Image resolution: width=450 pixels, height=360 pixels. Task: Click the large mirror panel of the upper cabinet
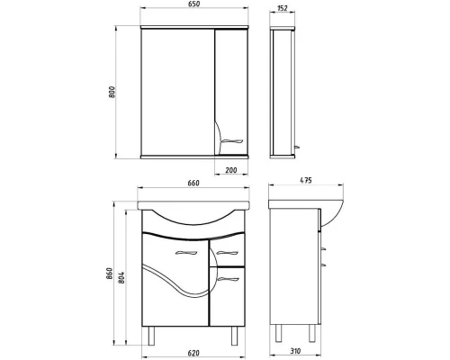click(x=177, y=90)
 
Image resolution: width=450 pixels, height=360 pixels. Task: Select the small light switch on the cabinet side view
click(x=300, y=146)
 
